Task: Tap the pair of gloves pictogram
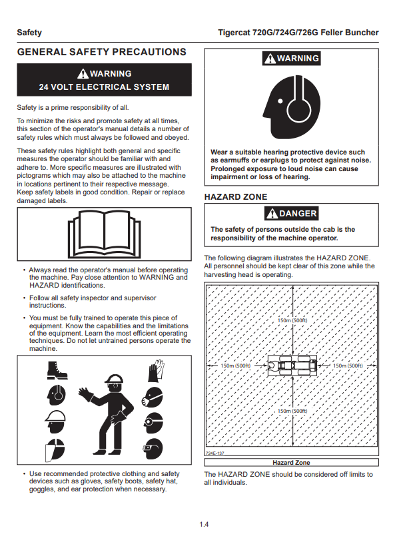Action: click(156, 370)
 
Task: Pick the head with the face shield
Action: click(55, 452)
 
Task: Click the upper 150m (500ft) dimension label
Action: click(292, 320)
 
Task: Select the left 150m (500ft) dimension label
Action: click(235, 366)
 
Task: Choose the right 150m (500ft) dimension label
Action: click(347, 366)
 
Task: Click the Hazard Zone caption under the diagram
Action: click(291, 462)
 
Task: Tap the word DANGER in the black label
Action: click(298, 214)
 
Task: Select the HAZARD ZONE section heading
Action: click(235, 197)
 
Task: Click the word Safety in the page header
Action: click(29, 33)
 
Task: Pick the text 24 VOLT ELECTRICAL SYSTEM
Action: click(104, 87)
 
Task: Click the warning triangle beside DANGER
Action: click(271, 214)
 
